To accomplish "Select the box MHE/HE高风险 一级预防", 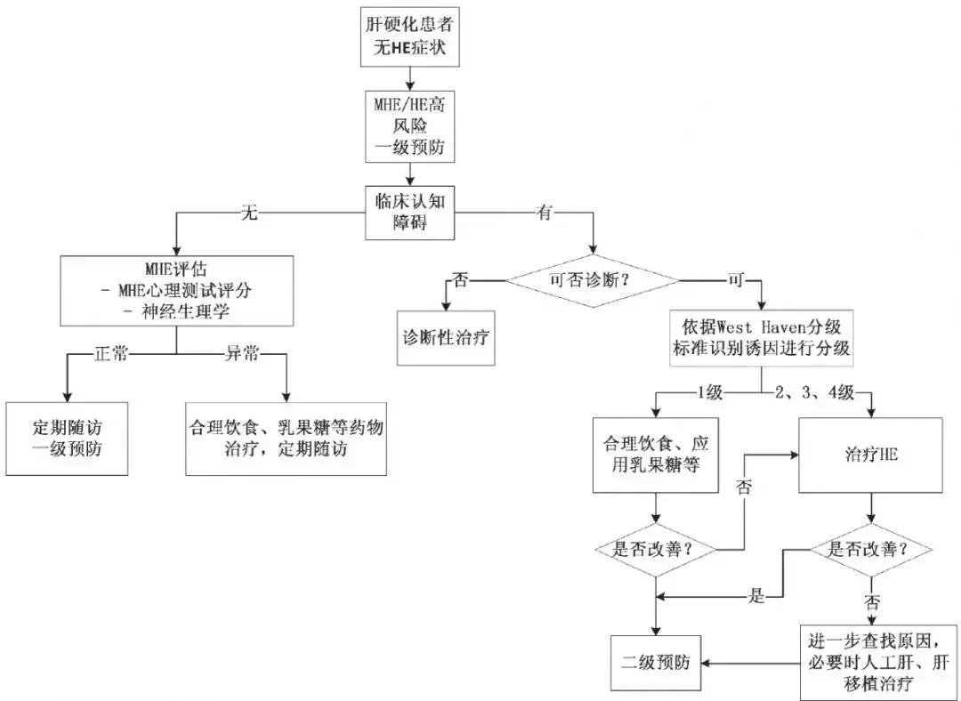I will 410,127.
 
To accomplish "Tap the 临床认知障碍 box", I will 410,213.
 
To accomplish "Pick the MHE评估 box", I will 176,291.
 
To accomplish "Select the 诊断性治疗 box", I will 445,339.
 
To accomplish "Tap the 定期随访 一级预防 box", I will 67,437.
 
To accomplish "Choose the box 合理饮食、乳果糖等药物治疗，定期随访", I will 287,437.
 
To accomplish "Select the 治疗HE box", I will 870,455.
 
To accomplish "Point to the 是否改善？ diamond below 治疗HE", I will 870,549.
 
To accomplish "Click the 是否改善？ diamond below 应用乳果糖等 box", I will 656,549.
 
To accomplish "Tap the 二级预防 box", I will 656,662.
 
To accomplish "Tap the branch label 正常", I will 111,355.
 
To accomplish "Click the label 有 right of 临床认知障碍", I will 544,214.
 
